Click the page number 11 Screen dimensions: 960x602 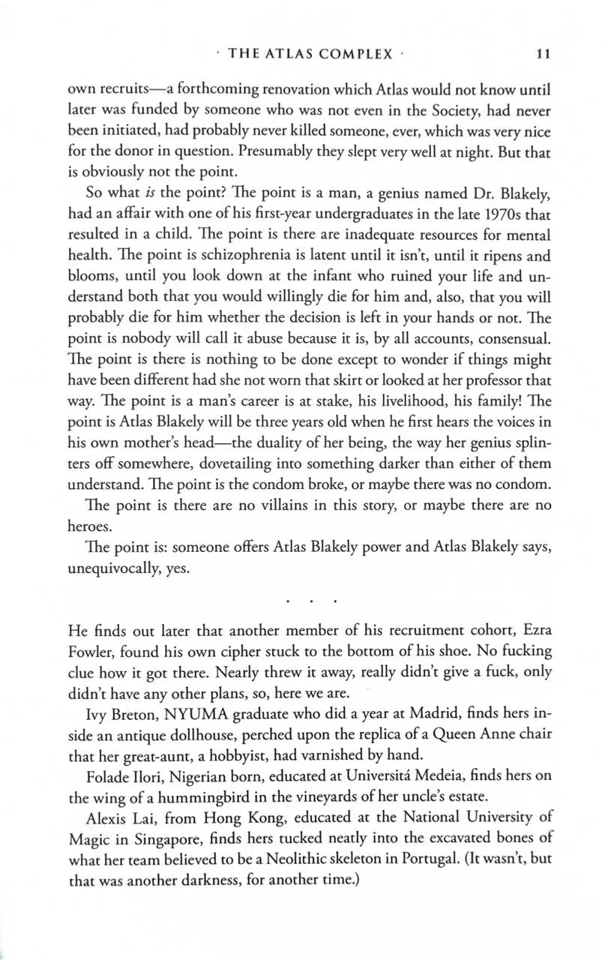544,54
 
